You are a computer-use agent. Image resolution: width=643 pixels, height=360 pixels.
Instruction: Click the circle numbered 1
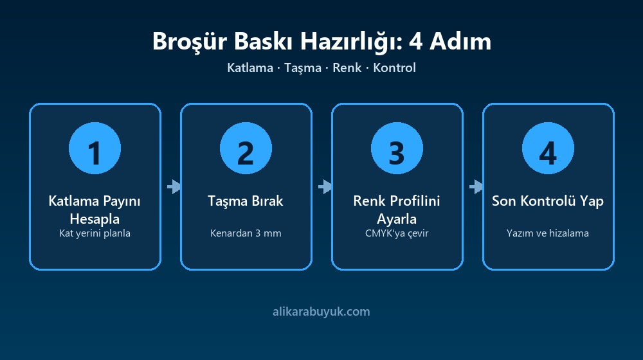coord(95,148)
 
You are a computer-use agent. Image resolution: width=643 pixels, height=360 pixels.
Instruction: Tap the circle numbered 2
coord(246,148)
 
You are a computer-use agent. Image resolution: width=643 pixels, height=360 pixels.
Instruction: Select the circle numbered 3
coord(397,148)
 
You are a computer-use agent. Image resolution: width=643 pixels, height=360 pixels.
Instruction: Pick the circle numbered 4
coord(548,148)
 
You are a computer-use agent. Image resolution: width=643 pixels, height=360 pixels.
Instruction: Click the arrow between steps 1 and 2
coord(174,186)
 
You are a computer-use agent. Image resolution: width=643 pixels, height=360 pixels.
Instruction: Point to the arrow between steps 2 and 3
coord(325,186)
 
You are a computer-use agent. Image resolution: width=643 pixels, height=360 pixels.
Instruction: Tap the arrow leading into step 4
coord(476,186)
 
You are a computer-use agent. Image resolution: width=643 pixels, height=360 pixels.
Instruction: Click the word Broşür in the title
coord(190,42)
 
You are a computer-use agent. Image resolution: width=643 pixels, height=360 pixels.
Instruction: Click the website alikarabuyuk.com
coord(321,312)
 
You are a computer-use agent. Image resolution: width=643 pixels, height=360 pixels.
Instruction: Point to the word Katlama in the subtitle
coord(250,67)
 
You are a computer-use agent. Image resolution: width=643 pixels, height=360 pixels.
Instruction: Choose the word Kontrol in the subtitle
coord(395,67)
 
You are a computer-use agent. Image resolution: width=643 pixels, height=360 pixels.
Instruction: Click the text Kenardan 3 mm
coord(246,233)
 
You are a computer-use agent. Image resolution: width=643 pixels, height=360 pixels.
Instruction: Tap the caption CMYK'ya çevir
coord(397,233)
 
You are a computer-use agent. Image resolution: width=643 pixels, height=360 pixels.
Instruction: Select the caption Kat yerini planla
coord(95,234)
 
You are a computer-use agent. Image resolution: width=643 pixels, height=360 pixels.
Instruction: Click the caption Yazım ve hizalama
coord(548,233)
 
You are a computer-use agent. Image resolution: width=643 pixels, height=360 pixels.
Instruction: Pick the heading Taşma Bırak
coord(246,201)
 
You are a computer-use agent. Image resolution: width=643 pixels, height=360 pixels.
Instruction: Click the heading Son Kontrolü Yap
coord(548,201)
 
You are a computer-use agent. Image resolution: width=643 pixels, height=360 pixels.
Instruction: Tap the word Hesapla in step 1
coord(95,219)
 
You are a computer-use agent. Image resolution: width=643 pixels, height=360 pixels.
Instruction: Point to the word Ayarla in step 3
coord(397,219)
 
